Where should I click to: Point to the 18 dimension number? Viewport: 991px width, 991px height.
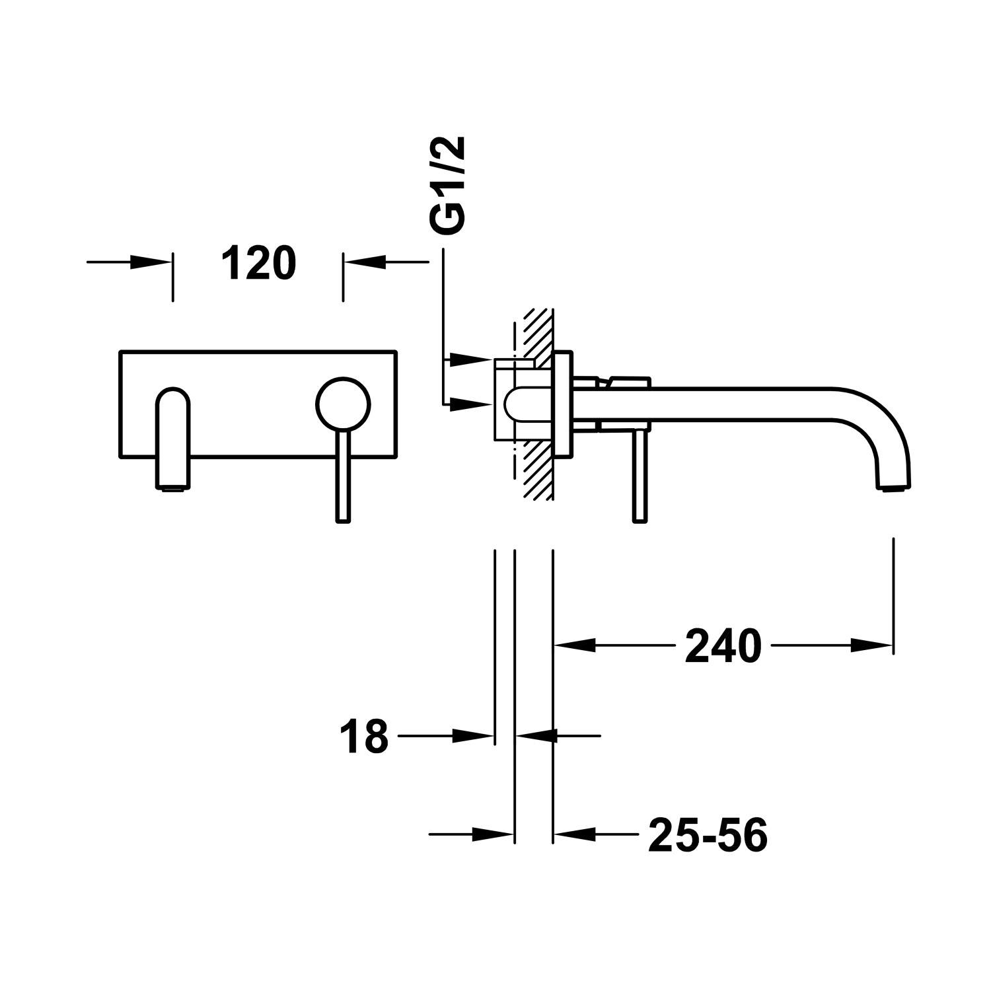pyautogui.click(x=363, y=737)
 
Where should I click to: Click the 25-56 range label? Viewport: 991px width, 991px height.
pyautogui.click(x=708, y=835)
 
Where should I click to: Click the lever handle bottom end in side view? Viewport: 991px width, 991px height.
pyautogui.click(x=639, y=519)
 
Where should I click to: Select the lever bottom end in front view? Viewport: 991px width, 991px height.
pyautogui.click(x=343, y=519)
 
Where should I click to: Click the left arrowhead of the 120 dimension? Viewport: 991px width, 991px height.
pyautogui.click(x=149, y=262)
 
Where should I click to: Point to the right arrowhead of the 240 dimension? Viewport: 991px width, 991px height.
pyautogui.click(x=871, y=645)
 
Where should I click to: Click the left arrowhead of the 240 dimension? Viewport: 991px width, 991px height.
pyautogui.click(x=575, y=645)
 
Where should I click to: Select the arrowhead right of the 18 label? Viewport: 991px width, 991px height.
pyautogui.click(x=473, y=735)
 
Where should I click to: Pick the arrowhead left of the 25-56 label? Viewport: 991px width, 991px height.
pyautogui.click(x=575, y=834)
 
